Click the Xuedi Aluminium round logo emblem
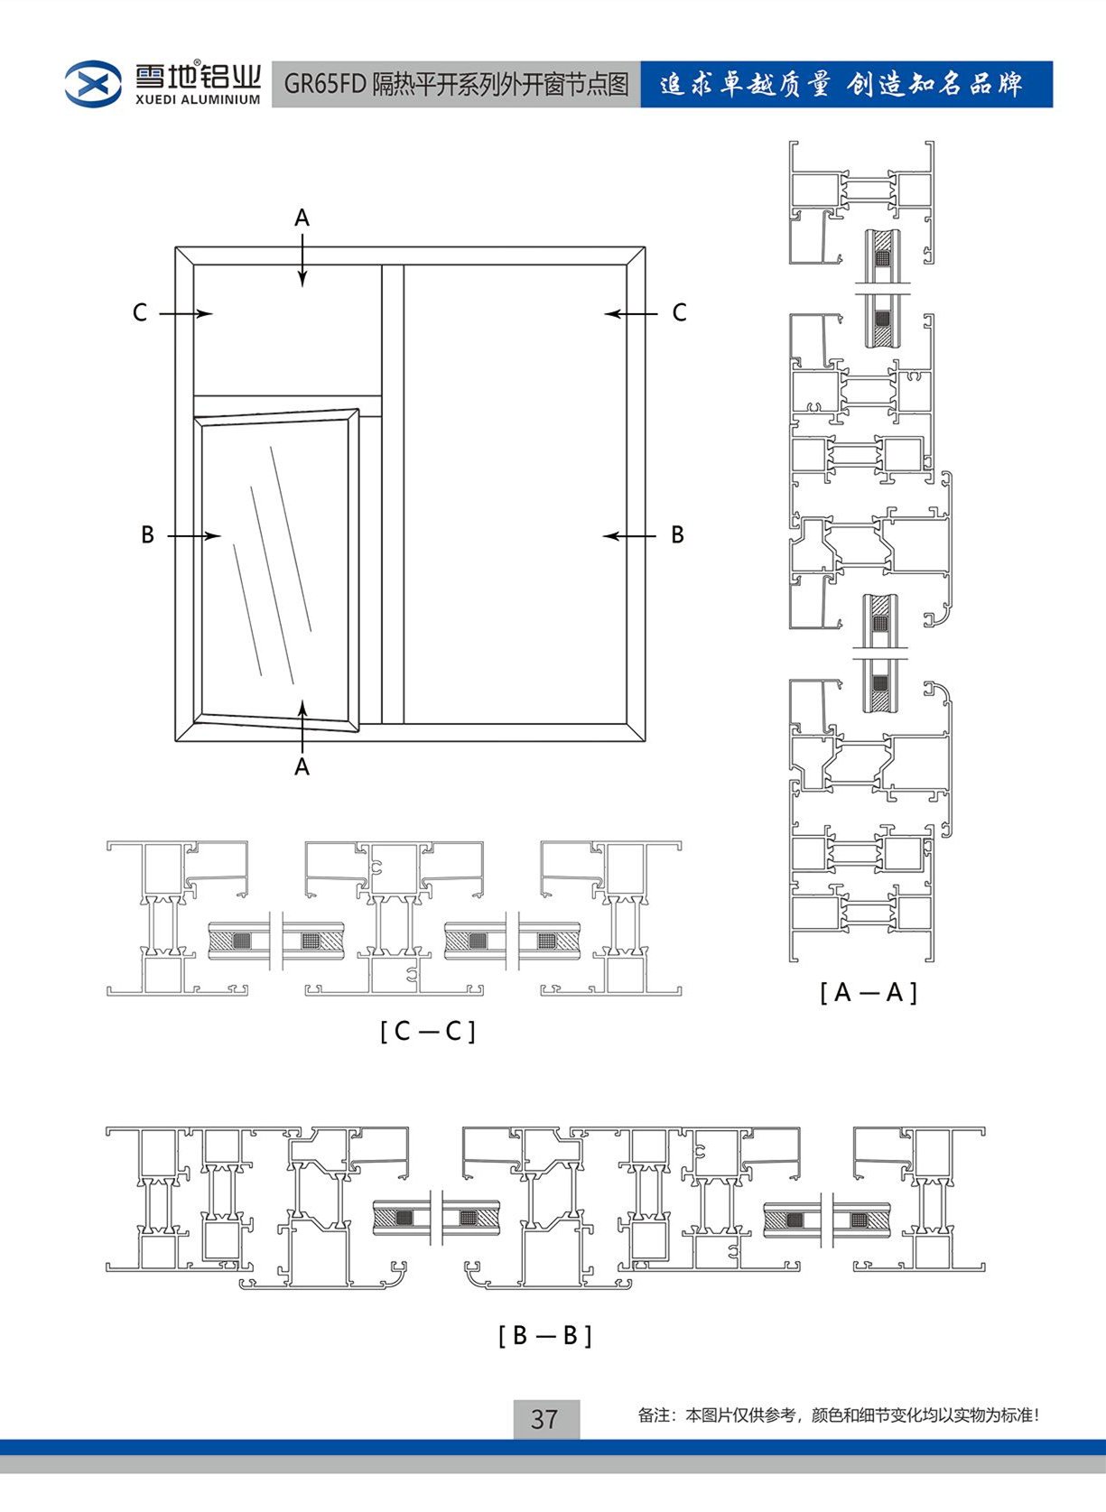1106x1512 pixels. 93,84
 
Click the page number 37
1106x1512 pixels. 544,1419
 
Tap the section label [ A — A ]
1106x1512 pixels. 869,993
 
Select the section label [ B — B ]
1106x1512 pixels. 545,1335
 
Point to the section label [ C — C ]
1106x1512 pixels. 428,1031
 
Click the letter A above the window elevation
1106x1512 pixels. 302,218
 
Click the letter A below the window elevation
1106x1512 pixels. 302,766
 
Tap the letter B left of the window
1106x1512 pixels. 147,535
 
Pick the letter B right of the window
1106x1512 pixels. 677,535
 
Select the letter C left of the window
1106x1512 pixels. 140,313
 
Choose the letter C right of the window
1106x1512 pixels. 679,313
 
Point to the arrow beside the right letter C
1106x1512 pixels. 631,314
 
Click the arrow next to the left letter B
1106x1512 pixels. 193,536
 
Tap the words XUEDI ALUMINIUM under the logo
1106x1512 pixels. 198,100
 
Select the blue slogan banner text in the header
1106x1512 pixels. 841,85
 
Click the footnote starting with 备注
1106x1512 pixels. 838,1415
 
